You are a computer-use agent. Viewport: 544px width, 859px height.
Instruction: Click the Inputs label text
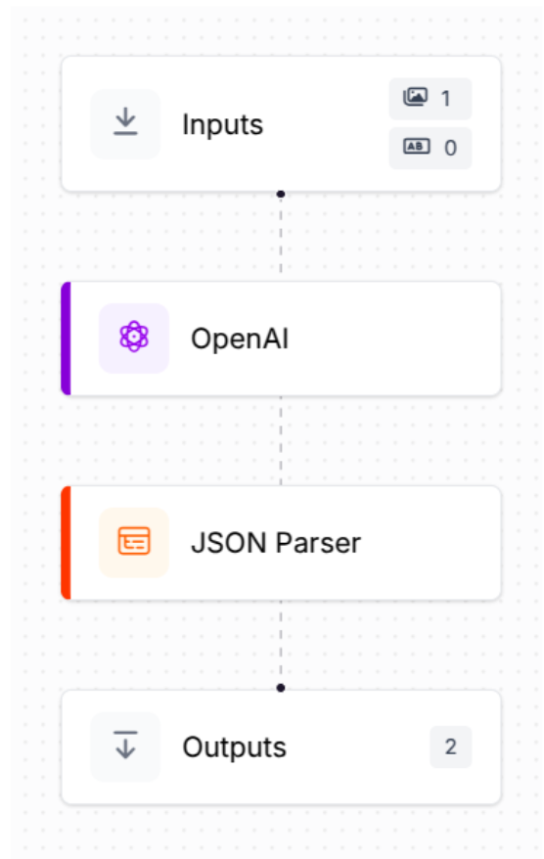pyautogui.click(x=222, y=125)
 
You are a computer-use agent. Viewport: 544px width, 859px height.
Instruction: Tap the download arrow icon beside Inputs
pyautogui.click(x=125, y=121)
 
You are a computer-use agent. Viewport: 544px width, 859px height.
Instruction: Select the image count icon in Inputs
pyautogui.click(x=415, y=97)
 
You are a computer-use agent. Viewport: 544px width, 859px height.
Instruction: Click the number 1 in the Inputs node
pyautogui.click(x=446, y=99)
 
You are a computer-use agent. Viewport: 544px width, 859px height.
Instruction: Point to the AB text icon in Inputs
pyautogui.click(x=417, y=147)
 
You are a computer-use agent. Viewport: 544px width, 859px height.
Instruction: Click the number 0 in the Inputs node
pyautogui.click(x=450, y=148)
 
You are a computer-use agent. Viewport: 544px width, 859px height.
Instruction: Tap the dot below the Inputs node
pyautogui.click(x=281, y=194)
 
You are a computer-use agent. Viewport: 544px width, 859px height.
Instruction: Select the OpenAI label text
pyautogui.click(x=240, y=339)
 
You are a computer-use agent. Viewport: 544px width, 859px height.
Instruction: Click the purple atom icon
pyautogui.click(x=134, y=337)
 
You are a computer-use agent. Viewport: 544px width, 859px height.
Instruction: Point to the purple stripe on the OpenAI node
pyautogui.click(x=66, y=339)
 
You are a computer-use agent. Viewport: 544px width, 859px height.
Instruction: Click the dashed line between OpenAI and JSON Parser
pyautogui.click(x=281, y=440)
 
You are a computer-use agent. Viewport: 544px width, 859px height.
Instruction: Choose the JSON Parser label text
pyautogui.click(x=276, y=543)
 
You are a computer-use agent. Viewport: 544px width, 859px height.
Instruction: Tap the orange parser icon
pyautogui.click(x=134, y=541)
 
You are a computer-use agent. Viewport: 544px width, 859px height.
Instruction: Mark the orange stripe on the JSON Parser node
pyautogui.click(x=66, y=543)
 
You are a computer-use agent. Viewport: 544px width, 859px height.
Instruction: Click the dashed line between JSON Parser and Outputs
pyautogui.click(x=281, y=642)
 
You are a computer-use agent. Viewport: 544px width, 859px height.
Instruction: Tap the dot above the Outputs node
pyautogui.click(x=281, y=688)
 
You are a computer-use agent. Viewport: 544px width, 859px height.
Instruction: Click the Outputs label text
pyautogui.click(x=234, y=747)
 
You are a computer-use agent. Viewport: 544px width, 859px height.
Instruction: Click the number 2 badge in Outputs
pyautogui.click(x=450, y=746)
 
